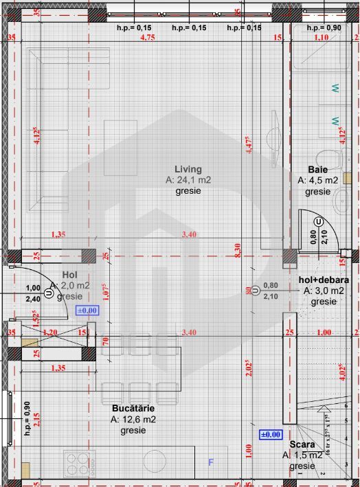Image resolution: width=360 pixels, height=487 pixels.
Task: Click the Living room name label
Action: [x=188, y=169]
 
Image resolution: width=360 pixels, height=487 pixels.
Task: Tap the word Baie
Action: [x=317, y=169]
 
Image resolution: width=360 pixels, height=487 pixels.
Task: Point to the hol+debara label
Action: [x=324, y=280]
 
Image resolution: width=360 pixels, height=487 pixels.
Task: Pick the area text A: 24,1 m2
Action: [x=188, y=180]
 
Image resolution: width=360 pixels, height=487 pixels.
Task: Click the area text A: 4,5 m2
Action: [x=317, y=180]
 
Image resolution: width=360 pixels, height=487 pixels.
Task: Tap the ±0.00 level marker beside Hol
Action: [x=87, y=310]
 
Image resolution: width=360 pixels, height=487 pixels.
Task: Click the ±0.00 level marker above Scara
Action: [x=270, y=434]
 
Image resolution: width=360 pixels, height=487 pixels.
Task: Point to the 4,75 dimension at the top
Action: [x=147, y=38]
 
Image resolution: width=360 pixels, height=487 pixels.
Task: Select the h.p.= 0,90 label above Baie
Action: [x=324, y=27]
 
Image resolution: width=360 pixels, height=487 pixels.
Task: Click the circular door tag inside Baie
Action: [x=319, y=222]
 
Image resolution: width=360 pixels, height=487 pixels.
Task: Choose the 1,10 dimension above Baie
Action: [x=321, y=38]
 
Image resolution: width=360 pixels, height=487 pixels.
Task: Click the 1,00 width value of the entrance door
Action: [x=32, y=288]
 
